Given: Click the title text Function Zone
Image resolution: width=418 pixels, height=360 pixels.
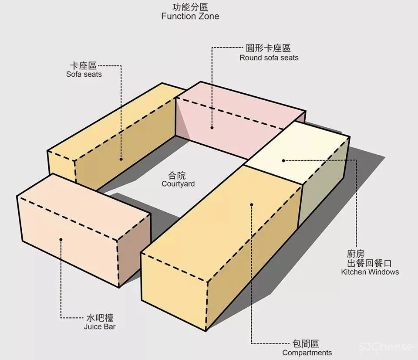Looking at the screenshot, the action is [x=190, y=17].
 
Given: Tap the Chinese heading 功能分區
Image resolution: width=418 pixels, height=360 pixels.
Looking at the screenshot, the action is [x=190, y=7].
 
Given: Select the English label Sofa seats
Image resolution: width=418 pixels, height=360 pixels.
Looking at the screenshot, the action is [x=84, y=74].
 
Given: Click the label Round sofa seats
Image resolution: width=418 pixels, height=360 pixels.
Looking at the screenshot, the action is [x=269, y=58].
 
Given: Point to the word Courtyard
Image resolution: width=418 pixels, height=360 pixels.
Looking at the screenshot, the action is [x=178, y=184].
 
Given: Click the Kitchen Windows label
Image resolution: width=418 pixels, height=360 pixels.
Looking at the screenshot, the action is [x=370, y=272].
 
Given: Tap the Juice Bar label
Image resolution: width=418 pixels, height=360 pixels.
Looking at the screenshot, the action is [x=100, y=326].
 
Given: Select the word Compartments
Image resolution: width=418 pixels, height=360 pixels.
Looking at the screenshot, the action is [x=307, y=353].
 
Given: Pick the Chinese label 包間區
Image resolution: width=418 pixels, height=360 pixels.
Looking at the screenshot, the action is [x=307, y=344].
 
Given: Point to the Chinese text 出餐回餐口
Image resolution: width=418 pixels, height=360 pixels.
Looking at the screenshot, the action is [x=370, y=263].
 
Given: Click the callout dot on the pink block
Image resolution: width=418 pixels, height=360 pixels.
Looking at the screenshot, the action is [x=212, y=128].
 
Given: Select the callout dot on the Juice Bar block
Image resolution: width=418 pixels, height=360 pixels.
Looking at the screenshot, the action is [x=61, y=239].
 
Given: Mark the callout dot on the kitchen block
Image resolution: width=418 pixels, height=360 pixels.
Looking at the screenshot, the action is [x=283, y=160].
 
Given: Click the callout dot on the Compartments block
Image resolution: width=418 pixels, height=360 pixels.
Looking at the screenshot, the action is [x=251, y=204].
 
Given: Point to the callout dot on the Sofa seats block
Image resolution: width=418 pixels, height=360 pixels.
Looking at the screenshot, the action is [x=121, y=159].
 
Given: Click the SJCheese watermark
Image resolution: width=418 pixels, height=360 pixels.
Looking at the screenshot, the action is [x=386, y=347].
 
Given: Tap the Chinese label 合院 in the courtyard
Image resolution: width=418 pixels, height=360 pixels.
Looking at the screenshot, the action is [x=178, y=176].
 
